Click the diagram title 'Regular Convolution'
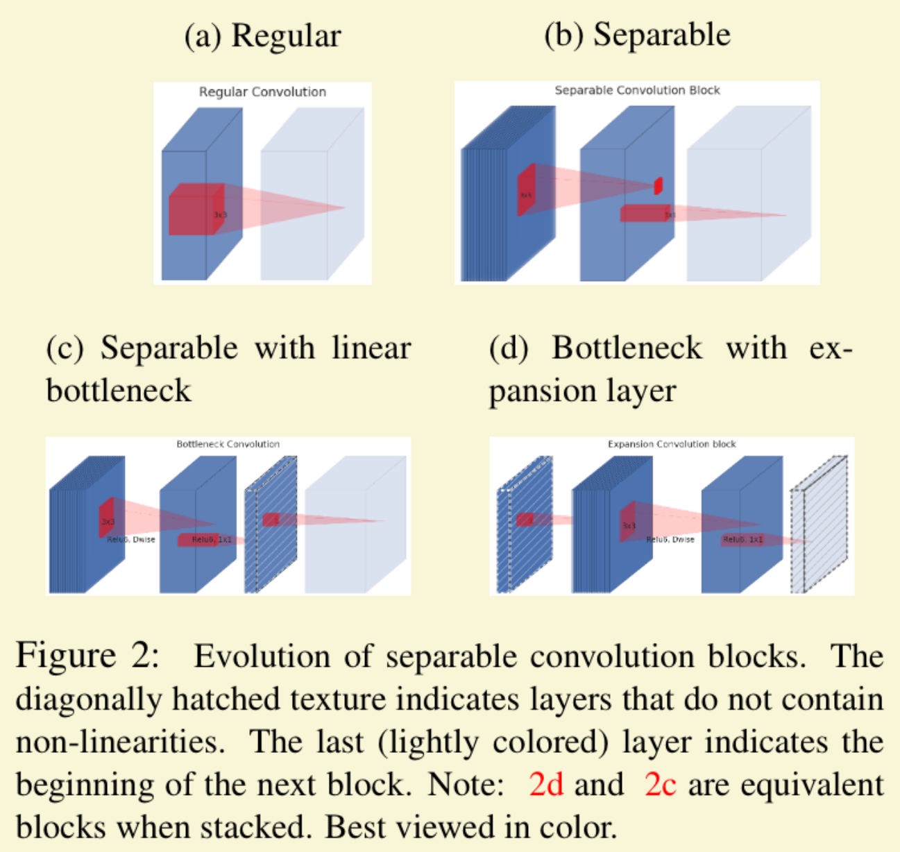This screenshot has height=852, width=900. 262,92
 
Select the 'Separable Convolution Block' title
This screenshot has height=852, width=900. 637,90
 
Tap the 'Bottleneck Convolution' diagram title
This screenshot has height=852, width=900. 228,444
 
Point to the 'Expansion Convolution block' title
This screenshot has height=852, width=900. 672,444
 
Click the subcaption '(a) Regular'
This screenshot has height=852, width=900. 262,36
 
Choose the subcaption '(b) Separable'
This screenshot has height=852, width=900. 637,35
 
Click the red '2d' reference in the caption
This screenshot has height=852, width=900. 545,785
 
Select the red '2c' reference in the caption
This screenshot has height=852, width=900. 660,785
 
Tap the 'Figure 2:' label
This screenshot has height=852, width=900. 87,656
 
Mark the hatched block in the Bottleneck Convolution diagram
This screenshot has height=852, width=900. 271,527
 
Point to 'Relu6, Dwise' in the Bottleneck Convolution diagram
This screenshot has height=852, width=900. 132,540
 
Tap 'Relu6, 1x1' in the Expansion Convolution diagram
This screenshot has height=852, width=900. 742,539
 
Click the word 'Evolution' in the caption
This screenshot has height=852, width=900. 282,656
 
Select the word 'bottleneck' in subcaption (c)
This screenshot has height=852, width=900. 118,391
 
